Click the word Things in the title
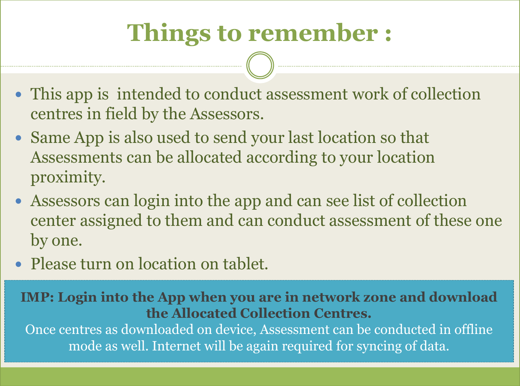click(x=169, y=33)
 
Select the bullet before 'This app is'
click(x=18, y=94)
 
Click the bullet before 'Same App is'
click(x=18, y=138)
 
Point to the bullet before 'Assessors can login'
click(x=18, y=201)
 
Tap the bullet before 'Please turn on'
click(x=18, y=264)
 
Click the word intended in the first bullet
click(x=149, y=94)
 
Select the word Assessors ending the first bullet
click(x=227, y=114)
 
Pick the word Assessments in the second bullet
click(x=76, y=157)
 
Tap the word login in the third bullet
click(x=152, y=201)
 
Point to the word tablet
click(x=245, y=264)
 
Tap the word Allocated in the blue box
click(x=204, y=313)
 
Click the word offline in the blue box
click(x=473, y=329)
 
